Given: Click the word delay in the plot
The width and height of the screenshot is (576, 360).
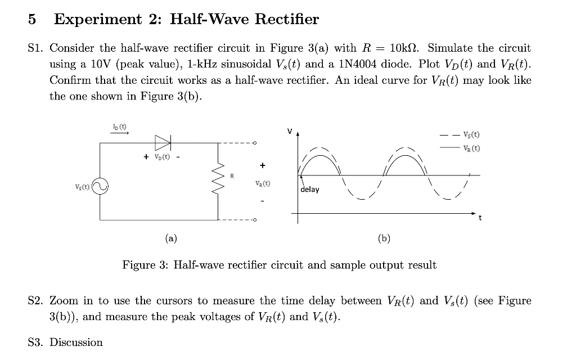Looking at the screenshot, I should pyautogui.click(x=310, y=190).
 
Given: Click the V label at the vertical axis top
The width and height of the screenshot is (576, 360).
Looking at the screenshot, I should pyautogui.click(x=290, y=131).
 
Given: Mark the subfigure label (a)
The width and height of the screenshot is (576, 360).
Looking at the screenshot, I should pyautogui.click(x=171, y=238).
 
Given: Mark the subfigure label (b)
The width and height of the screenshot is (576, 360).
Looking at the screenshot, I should pyautogui.click(x=384, y=238).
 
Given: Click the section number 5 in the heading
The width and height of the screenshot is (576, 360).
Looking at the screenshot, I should pyautogui.click(x=32, y=20).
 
